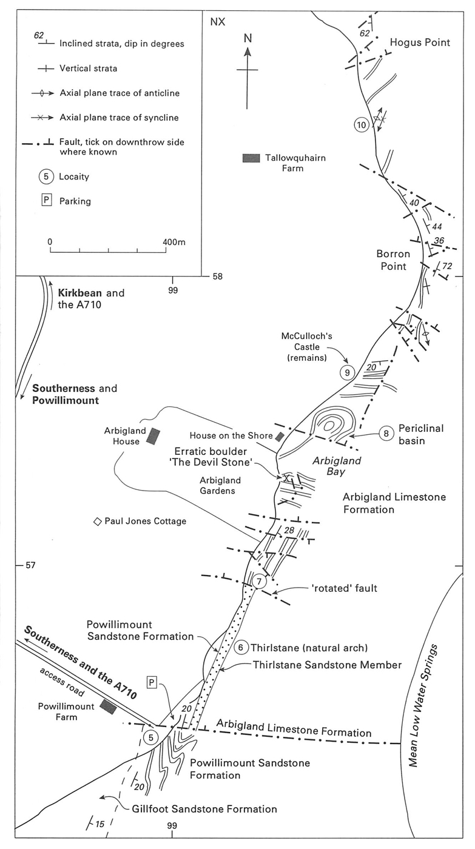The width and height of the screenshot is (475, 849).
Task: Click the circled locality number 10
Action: tap(362, 126)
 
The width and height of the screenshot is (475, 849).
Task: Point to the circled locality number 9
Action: tap(346, 372)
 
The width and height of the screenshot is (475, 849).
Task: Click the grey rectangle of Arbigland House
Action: tap(153, 437)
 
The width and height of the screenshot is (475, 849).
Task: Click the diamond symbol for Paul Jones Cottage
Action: tap(96, 522)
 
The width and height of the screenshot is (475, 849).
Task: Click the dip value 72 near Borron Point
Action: tap(448, 266)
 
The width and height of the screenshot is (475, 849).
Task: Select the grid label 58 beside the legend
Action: tap(217, 277)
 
